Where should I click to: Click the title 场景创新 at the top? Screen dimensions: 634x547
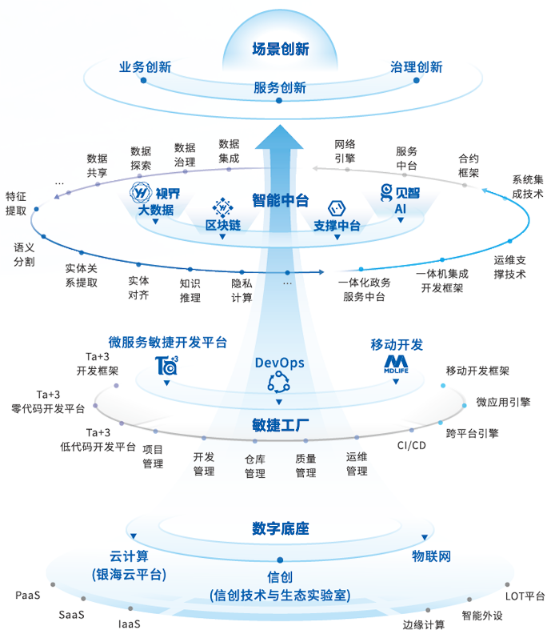pyautogui.click(x=280, y=49)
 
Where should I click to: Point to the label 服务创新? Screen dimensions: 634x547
pyautogui.click(x=280, y=88)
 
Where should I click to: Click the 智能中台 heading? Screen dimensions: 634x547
pyautogui.click(x=280, y=200)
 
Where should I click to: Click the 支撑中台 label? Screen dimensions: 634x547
pyautogui.click(x=337, y=226)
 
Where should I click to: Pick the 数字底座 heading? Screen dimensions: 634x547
pyautogui.click(x=280, y=529)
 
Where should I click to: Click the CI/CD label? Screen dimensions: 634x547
pyautogui.click(x=411, y=445)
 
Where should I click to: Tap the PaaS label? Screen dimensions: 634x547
pyautogui.click(x=27, y=596)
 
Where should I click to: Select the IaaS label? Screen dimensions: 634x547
pyautogui.click(x=130, y=624)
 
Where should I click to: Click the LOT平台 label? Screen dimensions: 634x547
pyautogui.click(x=525, y=596)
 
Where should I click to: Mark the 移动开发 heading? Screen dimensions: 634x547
pyautogui.click(x=397, y=344)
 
